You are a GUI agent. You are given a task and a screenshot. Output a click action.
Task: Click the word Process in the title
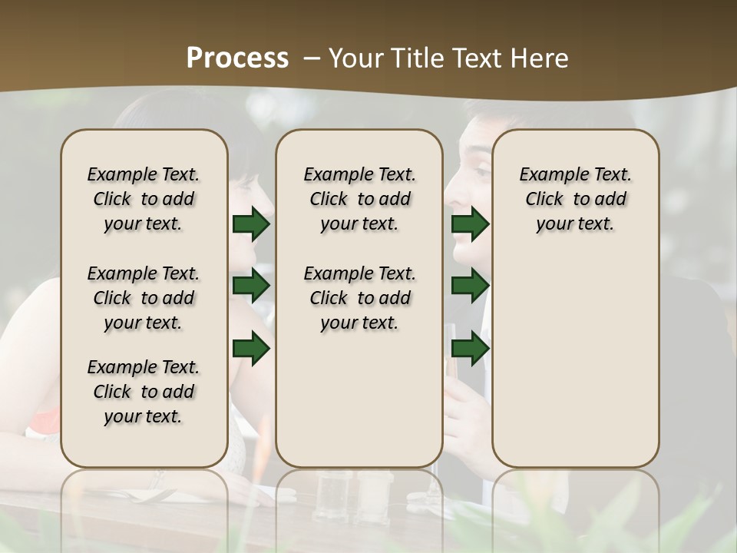[237, 58]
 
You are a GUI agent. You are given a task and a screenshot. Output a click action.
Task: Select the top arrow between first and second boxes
[251, 224]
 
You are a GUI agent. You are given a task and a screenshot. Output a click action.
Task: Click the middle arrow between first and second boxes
[251, 286]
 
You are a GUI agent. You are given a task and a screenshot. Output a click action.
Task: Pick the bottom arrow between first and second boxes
[251, 348]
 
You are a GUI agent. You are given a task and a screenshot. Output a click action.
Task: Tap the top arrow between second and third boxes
[471, 224]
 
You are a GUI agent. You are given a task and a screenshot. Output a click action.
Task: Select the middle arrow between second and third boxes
[471, 286]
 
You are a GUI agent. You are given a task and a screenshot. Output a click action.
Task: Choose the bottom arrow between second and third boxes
[471, 348]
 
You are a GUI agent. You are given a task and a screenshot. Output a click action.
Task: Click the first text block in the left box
[144, 199]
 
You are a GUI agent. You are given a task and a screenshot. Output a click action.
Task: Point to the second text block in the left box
[144, 298]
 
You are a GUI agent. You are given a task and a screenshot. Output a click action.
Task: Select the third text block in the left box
[144, 392]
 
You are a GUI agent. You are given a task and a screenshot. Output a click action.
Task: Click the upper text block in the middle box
[359, 199]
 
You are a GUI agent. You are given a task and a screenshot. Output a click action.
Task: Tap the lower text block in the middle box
[359, 298]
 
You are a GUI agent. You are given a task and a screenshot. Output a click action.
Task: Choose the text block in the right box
[575, 199]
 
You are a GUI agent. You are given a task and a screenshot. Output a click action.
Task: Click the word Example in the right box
[550, 175]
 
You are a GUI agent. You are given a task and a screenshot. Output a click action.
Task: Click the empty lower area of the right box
[575, 369]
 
